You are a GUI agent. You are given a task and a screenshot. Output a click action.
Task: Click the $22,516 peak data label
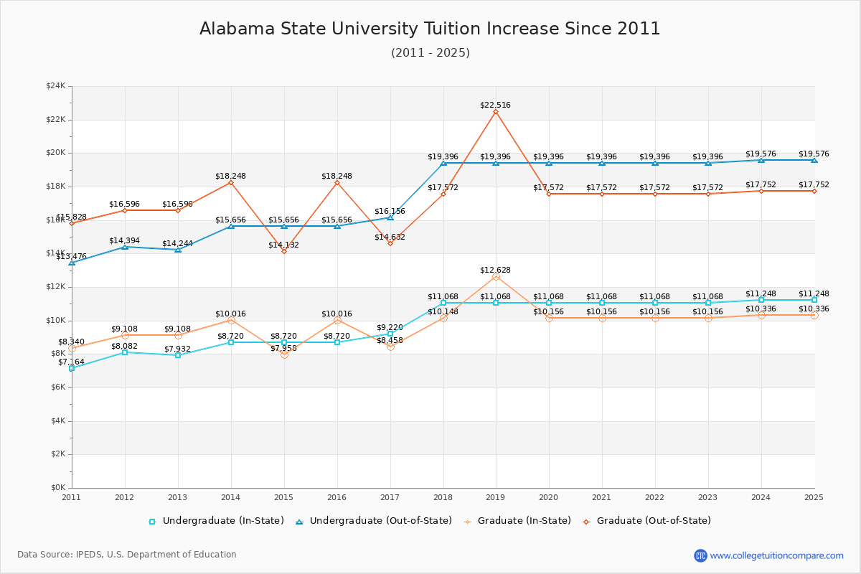coord(495,105)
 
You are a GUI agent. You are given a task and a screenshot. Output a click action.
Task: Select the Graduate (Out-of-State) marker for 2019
coord(496,111)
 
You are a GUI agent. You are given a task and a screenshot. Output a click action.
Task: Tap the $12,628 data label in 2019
coord(495,270)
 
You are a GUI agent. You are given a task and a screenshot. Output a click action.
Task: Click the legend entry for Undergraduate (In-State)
coord(216,521)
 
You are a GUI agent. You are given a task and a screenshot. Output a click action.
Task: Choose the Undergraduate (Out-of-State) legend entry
coord(373,521)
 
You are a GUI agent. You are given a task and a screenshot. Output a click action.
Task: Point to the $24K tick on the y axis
coord(55,86)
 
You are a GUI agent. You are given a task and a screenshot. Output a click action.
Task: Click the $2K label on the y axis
coord(57,454)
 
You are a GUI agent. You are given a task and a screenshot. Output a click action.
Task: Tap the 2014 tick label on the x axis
coord(230,497)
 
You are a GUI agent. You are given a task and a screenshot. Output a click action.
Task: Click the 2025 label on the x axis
coord(814,497)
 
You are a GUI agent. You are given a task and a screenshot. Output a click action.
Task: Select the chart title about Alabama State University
coord(430,29)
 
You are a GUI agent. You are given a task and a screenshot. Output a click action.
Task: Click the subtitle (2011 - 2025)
coord(430,52)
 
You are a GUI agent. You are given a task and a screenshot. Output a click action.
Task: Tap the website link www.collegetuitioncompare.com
coord(776,555)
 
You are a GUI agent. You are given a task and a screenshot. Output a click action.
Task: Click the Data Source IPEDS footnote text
coord(127,555)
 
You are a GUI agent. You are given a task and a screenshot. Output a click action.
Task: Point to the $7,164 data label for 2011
coord(71,362)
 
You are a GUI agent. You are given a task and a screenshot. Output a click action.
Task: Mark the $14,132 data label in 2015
coord(283,245)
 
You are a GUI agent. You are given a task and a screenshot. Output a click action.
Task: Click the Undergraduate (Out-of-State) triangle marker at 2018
coord(443,163)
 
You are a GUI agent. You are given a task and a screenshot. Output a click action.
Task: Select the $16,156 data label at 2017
coord(390,212)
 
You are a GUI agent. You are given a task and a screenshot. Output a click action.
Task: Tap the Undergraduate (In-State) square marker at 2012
coord(125,352)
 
